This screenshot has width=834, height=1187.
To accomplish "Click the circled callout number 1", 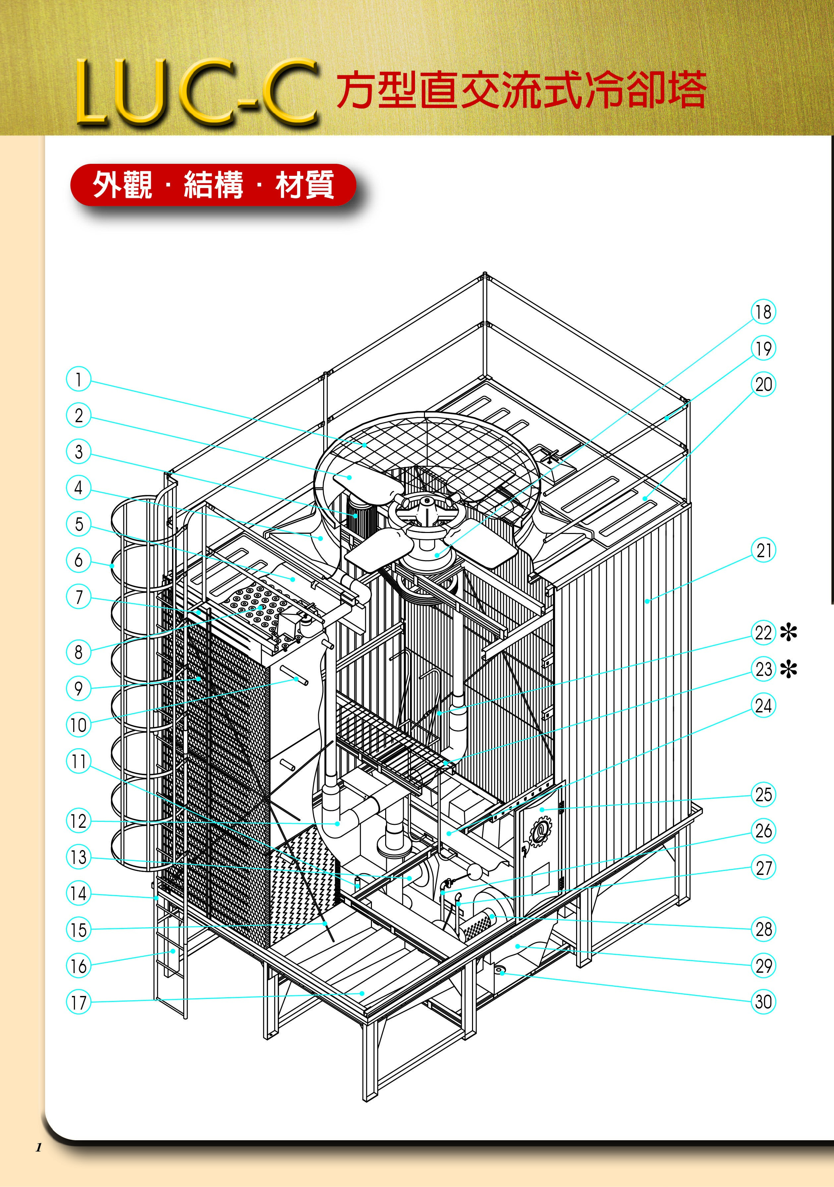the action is pyautogui.click(x=79, y=379).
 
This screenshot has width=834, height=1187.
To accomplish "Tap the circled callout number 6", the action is pyautogui.click(x=79, y=560).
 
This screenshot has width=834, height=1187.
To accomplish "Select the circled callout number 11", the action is pyautogui.click(x=79, y=761).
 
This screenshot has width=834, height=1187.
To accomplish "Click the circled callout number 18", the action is pyautogui.click(x=763, y=312).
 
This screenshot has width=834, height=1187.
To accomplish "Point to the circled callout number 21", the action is pyautogui.click(x=763, y=551).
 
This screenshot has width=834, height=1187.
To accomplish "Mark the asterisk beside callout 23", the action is pyautogui.click(x=789, y=670).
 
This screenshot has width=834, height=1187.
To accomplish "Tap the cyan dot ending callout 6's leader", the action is pyautogui.click(x=112, y=565).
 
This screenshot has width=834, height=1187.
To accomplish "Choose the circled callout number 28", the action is pyautogui.click(x=763, y=929).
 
